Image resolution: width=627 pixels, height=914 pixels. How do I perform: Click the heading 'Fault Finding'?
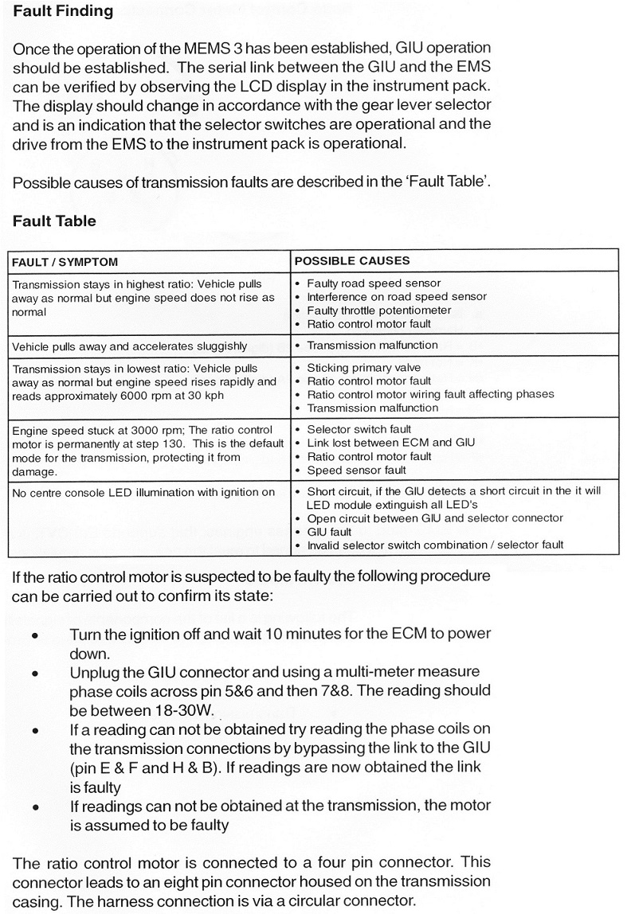(x=63, y=12)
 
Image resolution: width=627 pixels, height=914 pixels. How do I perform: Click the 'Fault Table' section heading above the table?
(x=54, y=221)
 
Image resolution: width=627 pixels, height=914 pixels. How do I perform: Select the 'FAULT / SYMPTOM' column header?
(x=65, y=261)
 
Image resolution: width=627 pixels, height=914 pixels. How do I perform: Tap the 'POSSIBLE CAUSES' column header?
(x=352, y=260)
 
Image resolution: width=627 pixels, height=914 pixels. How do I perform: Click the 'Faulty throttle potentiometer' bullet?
(x=378, y=311)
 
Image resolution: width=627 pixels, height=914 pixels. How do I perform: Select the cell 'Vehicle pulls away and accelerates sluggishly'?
(x=129, y=346)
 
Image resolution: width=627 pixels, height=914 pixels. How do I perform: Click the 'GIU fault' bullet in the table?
(x=329, y=532)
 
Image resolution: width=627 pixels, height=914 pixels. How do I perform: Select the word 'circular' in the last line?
(x=321, y=901)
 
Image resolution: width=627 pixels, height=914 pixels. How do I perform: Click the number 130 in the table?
(x=168, y=443)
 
